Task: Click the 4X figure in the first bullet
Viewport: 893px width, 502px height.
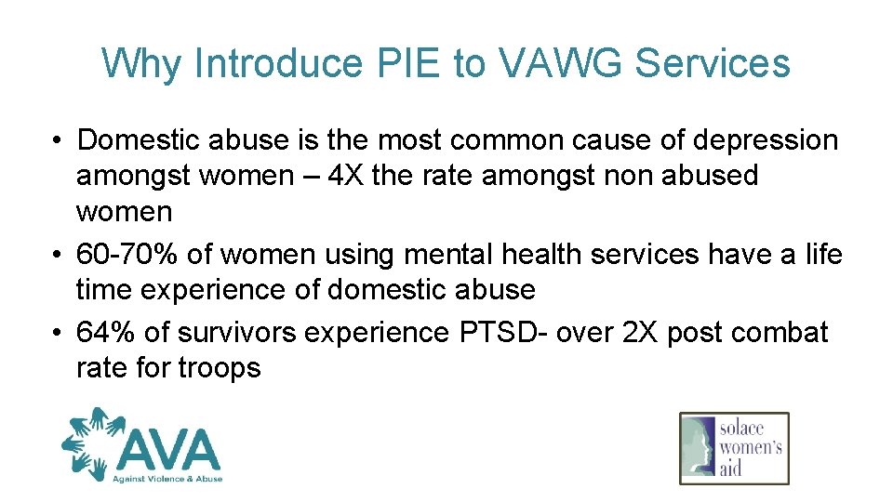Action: click(341, 175)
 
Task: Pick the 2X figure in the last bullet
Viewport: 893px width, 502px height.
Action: click(655, 333)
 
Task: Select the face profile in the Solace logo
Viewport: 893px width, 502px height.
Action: click(700, 448)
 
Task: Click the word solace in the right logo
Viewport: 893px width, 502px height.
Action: click(742, 428)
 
